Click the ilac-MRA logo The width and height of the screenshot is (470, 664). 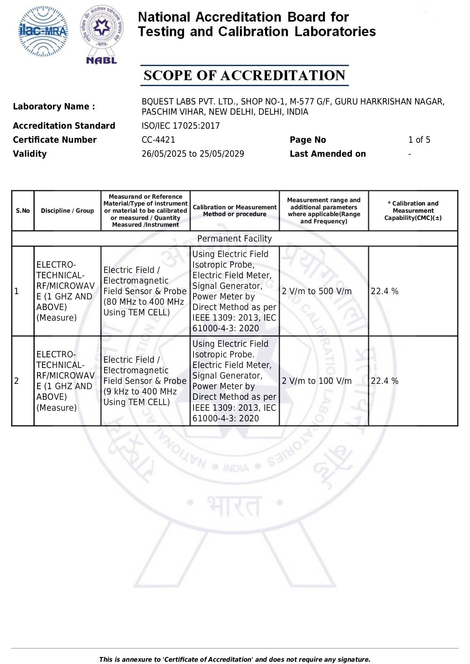[x=44, y=31]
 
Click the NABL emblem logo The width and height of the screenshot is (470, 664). [x=101, y=34]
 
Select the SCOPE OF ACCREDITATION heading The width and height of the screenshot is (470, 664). [x=244, y=75]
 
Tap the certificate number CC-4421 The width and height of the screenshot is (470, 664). [x=158, y=140]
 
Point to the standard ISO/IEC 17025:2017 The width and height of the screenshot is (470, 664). [x=181, y=126]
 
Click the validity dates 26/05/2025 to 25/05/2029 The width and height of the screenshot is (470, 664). [x=193, y=154]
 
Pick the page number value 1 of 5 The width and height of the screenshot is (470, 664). [x=419, y=140]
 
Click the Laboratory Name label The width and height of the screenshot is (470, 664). [x=54, y=106]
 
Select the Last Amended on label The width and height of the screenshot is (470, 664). [x=328, y=154]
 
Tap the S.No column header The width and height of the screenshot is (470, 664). [x=23, y=210]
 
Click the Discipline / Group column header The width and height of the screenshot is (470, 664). [x=67, y=210]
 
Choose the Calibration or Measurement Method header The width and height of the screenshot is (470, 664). [x=234, y=210]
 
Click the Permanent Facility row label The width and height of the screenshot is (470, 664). [x=234, y=238]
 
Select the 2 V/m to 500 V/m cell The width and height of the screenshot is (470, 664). [x=317, y=291]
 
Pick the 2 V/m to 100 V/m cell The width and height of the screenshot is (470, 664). [x=317, y=381]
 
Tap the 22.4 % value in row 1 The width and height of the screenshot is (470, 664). [x=384, y=291]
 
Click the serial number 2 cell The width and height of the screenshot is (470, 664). [x=17, y=381]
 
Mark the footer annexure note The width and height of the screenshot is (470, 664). [x=234, y=659]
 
